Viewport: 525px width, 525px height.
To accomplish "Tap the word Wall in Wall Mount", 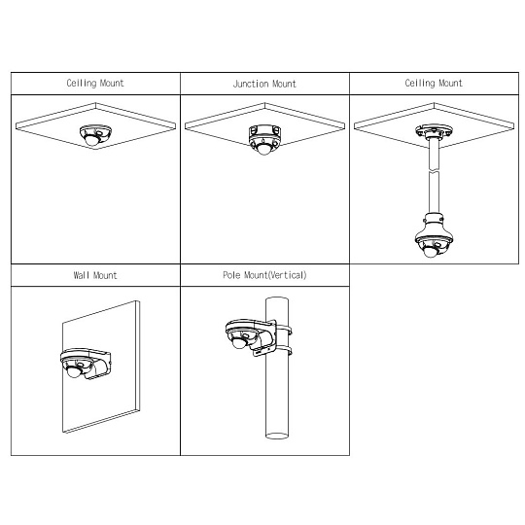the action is pyautogui.click(x=82, y=275).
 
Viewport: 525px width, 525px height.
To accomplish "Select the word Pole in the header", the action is pyautogui.click(x=231, y=275).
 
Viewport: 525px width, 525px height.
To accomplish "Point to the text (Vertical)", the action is pyautogui.click(x=288, y=275).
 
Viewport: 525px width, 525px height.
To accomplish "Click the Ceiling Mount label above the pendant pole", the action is pyautogui.click(x=434, y=83).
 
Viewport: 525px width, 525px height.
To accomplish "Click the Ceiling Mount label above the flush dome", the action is pyautogui.click(x=95, y=83).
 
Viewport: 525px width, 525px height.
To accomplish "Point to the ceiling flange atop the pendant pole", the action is pyautogui.click(x=434, y=131).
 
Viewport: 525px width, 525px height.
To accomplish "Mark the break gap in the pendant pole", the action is pyautogui.click(x=434, y=171).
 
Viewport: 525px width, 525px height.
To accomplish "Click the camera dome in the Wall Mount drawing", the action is pyautogui.click(x=74, y=371).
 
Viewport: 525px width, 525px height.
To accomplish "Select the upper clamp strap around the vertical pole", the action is pyautogui.click(x=284, y=330).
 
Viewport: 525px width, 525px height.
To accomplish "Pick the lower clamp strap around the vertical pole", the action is pyautogui.click(x=284, y=350).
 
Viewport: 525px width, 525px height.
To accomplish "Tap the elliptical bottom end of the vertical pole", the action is pyautogui.click(x=277, y=436).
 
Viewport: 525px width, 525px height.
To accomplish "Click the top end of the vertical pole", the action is pyautogui.click(x=277, y=299).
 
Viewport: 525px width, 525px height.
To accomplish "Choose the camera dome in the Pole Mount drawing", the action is pyautogui.click(x=240, y=342).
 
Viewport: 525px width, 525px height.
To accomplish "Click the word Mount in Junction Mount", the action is pyautogui.click(x=284, y=84).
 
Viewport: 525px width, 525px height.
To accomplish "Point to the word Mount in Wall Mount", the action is pyautogui.click(x=105, y=275).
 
